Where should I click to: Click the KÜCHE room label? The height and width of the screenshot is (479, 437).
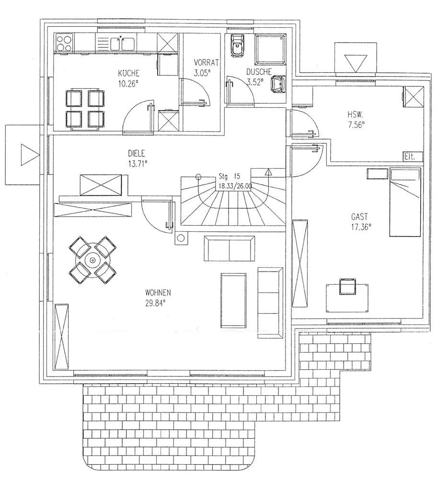coord(129,74)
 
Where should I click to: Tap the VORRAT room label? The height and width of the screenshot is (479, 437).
coord(206,62)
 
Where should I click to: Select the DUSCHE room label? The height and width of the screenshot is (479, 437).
coord(259,72)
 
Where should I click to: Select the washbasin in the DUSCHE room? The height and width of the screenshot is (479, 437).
coord(278,85)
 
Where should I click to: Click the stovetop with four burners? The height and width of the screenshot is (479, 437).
coord(65,44)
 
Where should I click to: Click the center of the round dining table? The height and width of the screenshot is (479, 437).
coord(92,261)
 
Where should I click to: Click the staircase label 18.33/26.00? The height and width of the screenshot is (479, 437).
coord(234,185)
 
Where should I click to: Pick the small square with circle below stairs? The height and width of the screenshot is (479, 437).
coord(182,238)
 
